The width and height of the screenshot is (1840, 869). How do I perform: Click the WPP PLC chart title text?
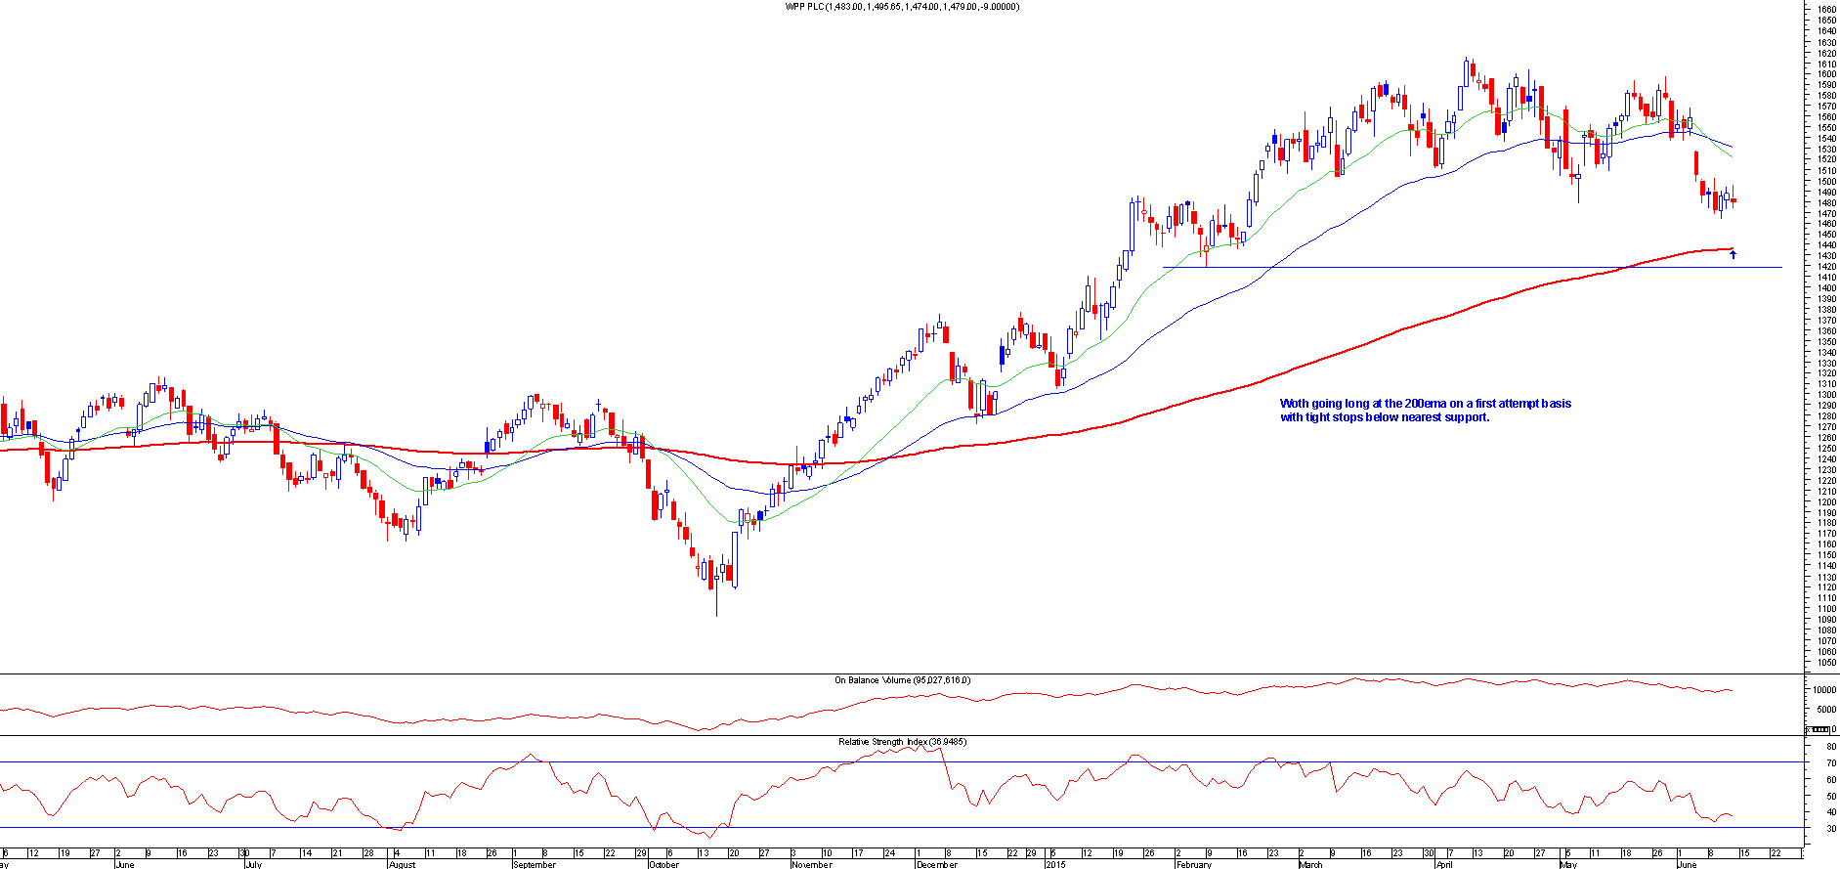click(x=902, y=7)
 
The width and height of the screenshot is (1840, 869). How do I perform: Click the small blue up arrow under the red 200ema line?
click(x=1733, y=255)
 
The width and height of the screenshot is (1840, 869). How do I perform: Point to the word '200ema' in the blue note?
click(x=1424, y=404)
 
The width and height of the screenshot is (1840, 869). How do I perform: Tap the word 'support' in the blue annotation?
click(x=1466, y=417)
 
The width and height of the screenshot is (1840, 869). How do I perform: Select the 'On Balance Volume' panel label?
click(x=902, y=680)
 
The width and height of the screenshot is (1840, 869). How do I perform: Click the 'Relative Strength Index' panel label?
click(x=902, y=742)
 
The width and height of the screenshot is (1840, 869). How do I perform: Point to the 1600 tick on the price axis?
click(x=1825, y=74)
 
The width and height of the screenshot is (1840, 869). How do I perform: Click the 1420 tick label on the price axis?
click(x=1825, y=267)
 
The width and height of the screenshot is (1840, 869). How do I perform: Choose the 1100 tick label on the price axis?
click(x=1825, y=609)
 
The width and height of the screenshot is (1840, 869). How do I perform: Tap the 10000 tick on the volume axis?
click(x=1823, y=690)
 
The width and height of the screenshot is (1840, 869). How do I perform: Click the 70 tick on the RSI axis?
click(x=1830, y=762)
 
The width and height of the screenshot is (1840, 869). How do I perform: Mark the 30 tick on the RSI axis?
click(x=1830, y=828)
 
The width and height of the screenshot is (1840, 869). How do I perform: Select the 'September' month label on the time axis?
click(x=535, y=864)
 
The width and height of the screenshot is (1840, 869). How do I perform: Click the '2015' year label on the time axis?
click(x=1055, y=864)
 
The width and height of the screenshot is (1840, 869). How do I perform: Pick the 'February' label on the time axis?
click(x=1194, y=864)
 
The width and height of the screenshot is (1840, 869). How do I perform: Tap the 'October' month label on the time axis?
click(x=663, y=864)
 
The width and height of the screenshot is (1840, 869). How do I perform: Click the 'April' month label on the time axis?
click(x=1443, y=864)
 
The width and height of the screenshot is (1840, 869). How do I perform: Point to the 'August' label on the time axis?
click(x=402, y=864)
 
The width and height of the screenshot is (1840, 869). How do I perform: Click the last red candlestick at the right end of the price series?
click(x=1733, y=200)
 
